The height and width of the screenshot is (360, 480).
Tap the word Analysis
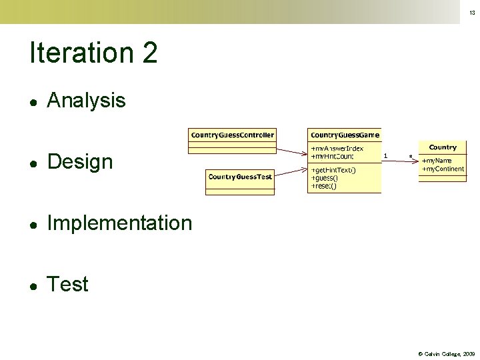click(86, 101)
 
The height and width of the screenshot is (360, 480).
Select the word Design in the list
click(80, 162)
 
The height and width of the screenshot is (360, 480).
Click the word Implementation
click(119, 223)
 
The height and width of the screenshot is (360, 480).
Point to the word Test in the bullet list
click(67, 285)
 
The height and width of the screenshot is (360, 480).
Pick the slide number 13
click(472, 13)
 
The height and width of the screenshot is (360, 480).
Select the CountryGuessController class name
click(233, 135)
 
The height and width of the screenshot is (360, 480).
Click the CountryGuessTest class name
click(240, 177)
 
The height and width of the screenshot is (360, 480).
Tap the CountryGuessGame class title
click(345, 135)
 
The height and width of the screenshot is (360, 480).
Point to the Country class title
click(443, 147)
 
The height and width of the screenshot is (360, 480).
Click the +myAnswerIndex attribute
click(337, 149)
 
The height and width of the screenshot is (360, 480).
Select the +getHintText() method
click(333, 170)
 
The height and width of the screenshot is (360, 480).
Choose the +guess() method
click(325, 178)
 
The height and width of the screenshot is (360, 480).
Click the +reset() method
click(324, 186)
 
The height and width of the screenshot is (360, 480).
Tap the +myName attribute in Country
click(437, 161)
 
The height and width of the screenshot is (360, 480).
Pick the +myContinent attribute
click(443, 169)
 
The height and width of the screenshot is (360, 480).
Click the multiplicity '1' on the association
click(386, 155)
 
